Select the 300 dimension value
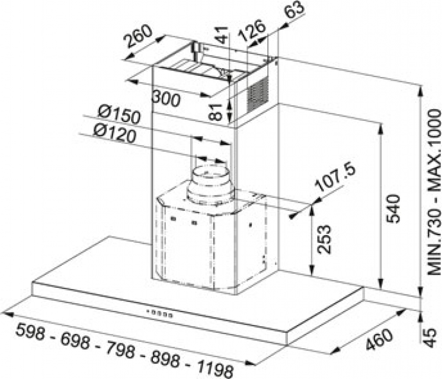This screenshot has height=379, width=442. (x=166, y=99)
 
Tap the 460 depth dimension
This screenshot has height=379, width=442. (x=379, y=339)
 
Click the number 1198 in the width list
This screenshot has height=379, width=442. (x=216, y=368)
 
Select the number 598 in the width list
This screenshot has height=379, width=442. (x=30, y=332)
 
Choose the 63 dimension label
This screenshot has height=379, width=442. (x=294, y=10)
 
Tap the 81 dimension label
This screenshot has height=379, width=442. (x=217, y=112)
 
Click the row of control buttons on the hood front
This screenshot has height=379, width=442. (x=159, y=313)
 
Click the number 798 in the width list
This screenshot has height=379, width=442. (x=120, y=349)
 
